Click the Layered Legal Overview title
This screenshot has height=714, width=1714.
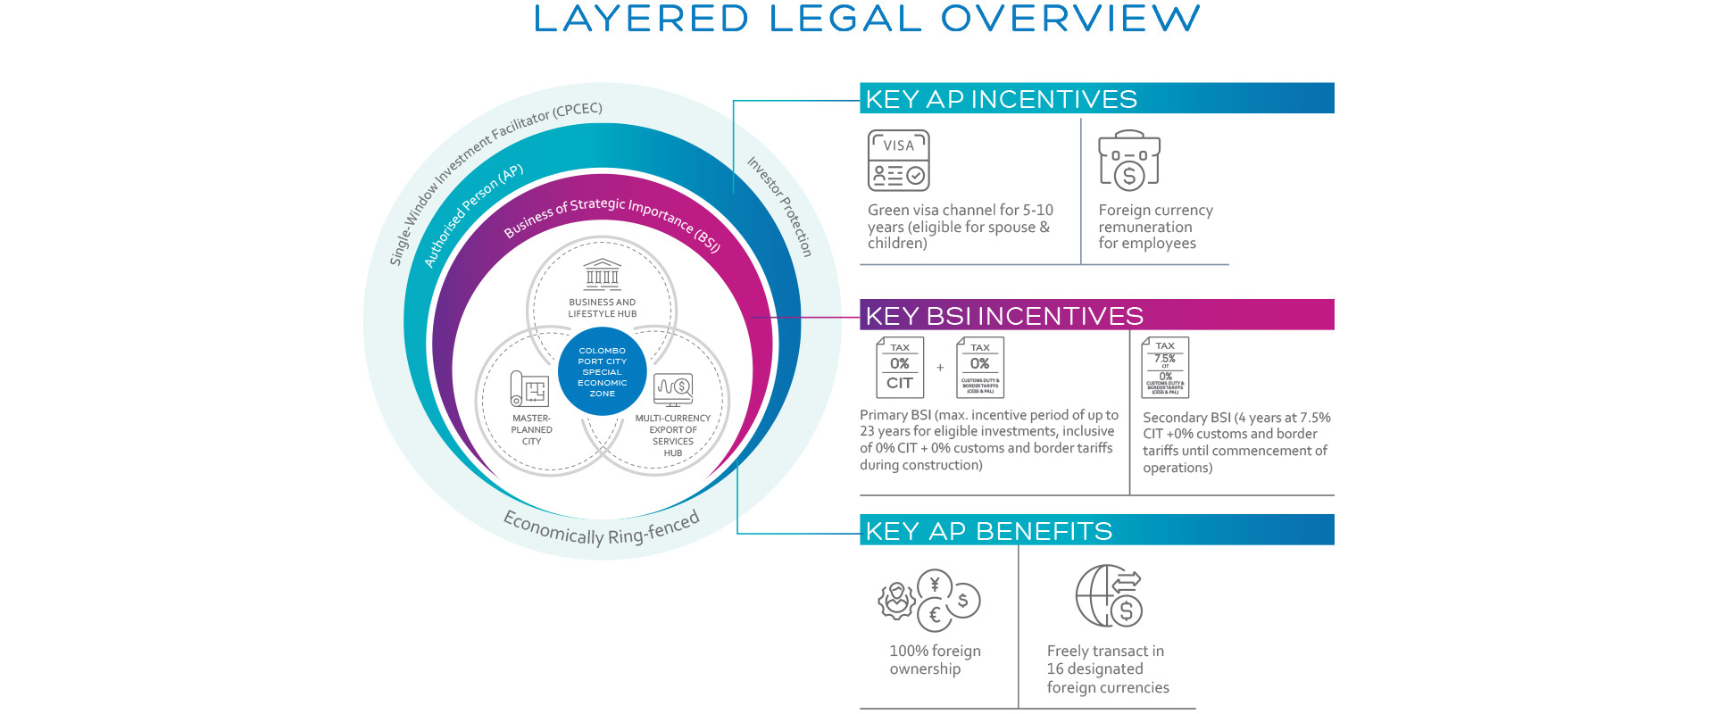tap(866, 20)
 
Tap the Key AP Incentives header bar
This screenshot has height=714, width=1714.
tap(1096, 98)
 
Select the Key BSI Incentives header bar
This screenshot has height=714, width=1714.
tap(1096, 315)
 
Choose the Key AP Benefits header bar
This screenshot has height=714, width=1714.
tap(1096, 530)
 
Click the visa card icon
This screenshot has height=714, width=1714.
tap(898, 161)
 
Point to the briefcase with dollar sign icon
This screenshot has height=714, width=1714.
tap(1128, 161)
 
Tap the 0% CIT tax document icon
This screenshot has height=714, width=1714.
tap(900, 367)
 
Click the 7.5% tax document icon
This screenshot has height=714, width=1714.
tap(1165, 367)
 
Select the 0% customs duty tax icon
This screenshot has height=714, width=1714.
tap(979, 367)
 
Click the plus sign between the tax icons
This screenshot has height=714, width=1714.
tap(940, 367)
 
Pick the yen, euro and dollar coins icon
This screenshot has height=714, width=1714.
tap(929, 599)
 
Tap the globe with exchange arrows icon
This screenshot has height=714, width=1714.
tap(1109, 595)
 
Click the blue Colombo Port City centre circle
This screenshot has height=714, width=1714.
tap(603, 371)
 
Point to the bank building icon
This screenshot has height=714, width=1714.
tap(603, 274)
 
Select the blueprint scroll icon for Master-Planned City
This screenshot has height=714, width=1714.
tap(528, 389)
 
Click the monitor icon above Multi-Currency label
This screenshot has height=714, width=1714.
tap(673, 389)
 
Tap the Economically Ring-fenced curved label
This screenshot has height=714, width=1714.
tap(602, 529)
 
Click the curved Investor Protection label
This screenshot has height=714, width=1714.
tap(780, 206)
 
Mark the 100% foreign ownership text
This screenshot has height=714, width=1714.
tap(935, 660)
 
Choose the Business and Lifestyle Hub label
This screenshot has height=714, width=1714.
tap(603, 308)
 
